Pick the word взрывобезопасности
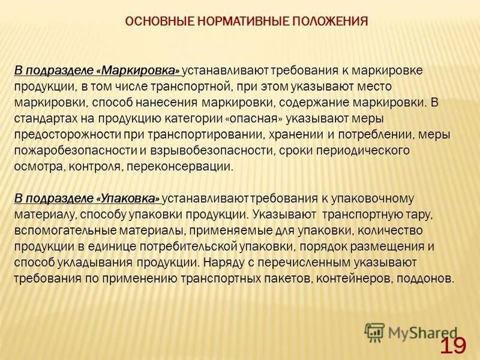[215, 150]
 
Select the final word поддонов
[427, 278]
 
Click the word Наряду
[221, 262]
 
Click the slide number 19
[453, 345]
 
